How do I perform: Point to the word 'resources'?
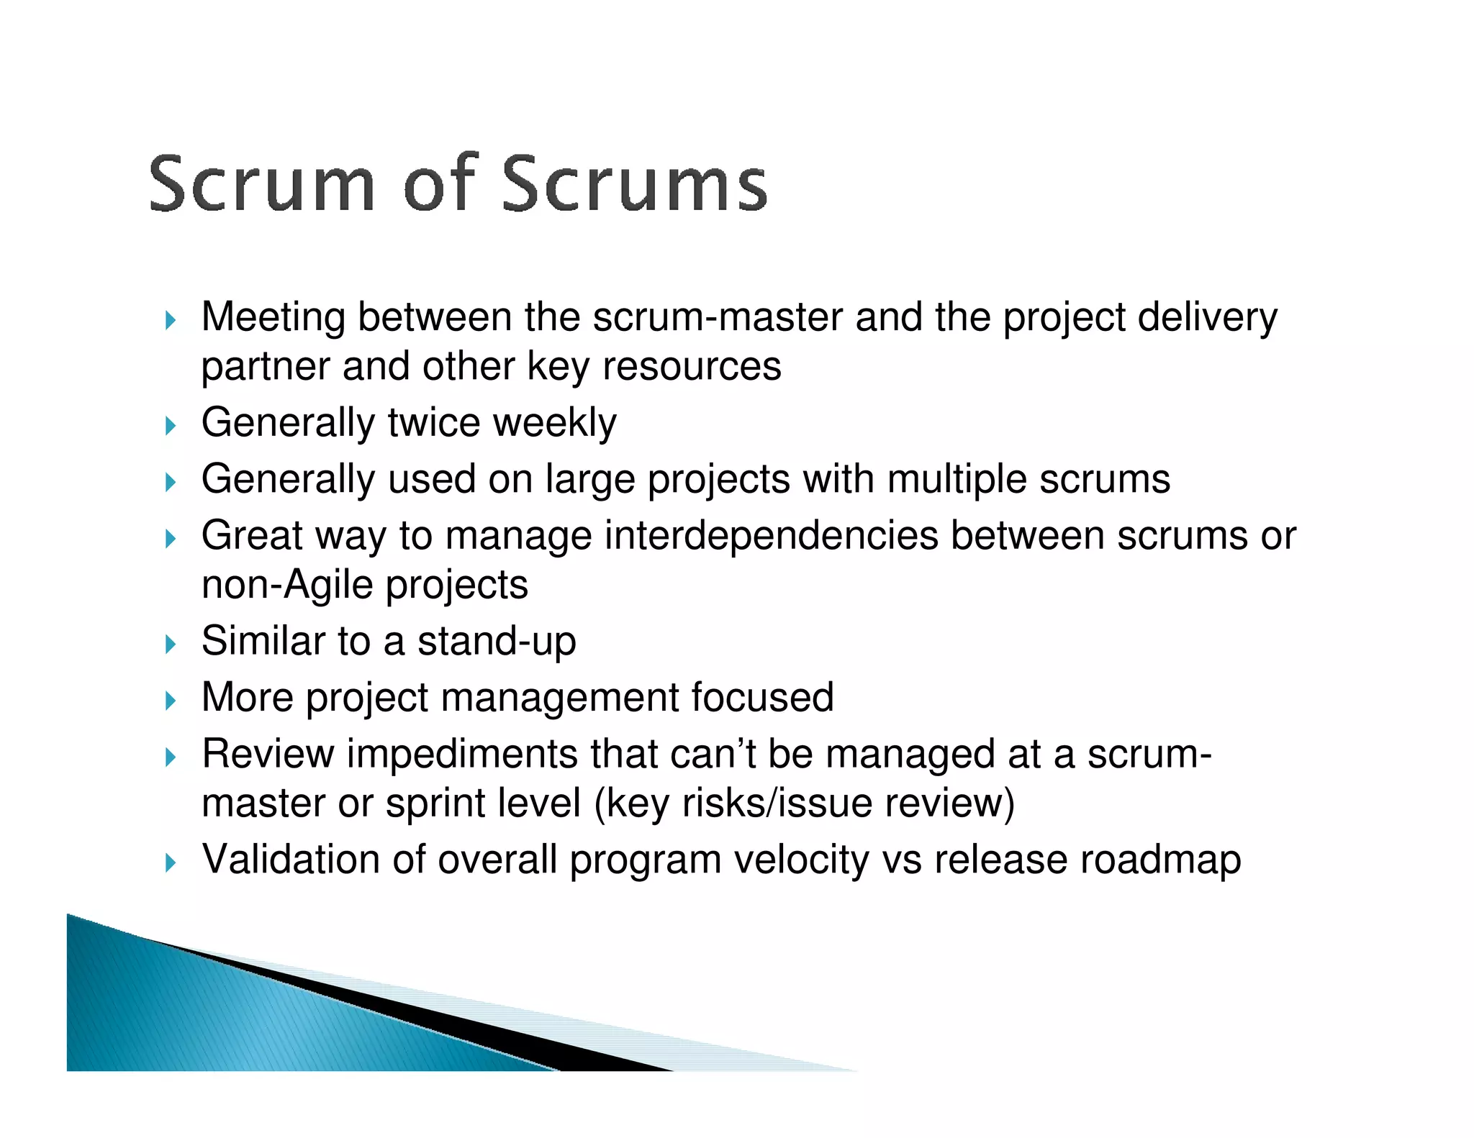pos(691,366)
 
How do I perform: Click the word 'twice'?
pos(433,422)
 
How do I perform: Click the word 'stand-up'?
pos(497,641)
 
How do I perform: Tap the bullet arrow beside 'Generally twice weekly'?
pos(170,425)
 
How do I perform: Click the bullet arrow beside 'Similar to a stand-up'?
pos(170,644)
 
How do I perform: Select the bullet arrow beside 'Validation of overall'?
pos(170,862)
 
